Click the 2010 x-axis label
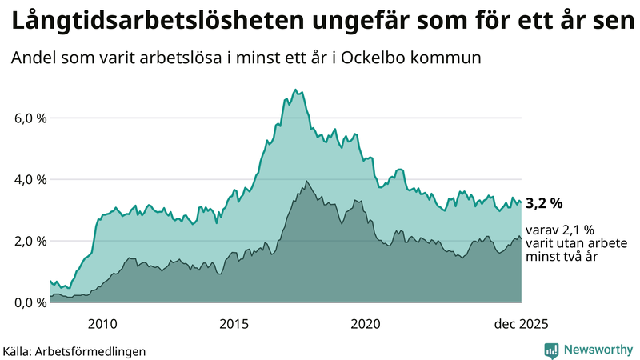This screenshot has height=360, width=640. click(x=102, y=323)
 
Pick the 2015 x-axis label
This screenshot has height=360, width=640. click(x=234, y=323)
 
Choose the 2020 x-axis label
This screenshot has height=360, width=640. click(x=366, y=323)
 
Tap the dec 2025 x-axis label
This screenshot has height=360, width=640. click(x=521, y=323)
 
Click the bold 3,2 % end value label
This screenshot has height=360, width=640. click(x=545, y=202)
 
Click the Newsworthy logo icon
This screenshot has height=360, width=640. click(x=551, y=350)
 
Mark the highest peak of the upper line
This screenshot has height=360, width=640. click(x=295, y=90)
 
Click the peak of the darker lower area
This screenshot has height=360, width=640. click(x=306, y=182)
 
